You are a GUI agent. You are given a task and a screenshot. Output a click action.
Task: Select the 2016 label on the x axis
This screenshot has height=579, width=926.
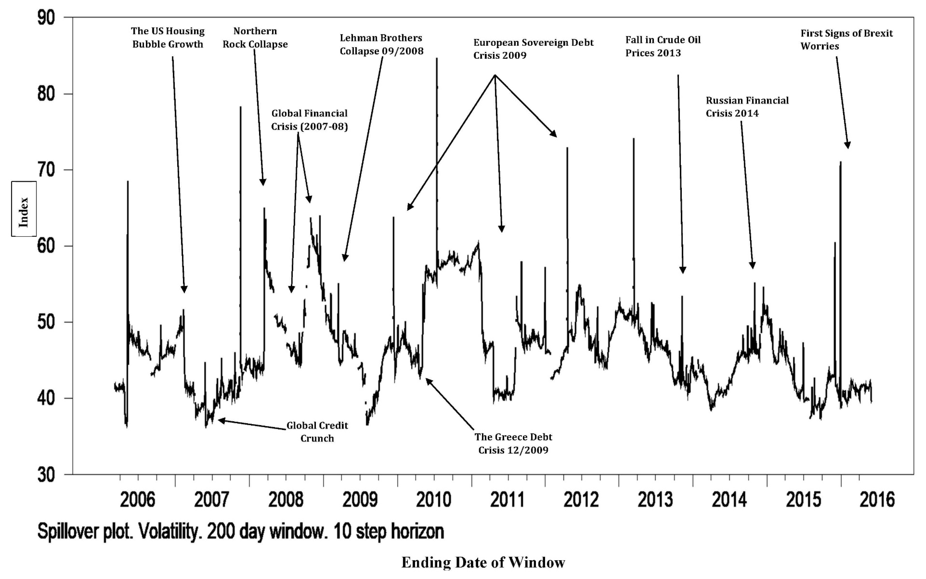877,500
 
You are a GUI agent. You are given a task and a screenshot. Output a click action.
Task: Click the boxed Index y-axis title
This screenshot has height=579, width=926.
24,209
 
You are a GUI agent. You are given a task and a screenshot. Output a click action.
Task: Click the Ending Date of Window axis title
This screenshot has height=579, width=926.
483,562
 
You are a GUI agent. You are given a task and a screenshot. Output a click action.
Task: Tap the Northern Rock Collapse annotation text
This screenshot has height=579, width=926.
255,37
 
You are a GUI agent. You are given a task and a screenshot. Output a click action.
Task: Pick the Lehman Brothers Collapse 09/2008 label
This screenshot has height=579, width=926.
381,44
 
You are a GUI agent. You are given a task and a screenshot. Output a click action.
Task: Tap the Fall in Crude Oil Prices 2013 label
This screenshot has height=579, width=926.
663,46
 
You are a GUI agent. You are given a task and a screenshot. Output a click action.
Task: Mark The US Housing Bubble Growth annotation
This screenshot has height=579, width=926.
168,37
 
